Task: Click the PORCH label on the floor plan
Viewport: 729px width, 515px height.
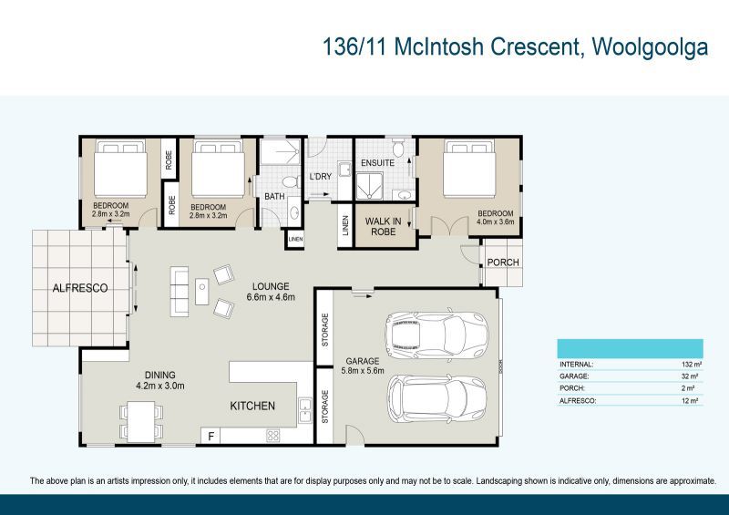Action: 503,263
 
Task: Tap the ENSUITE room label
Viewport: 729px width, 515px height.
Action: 377,163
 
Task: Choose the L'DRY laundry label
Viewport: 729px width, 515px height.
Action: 320,176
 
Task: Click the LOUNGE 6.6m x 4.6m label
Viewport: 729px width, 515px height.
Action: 272,291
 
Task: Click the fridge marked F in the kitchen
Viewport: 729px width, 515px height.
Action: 211,437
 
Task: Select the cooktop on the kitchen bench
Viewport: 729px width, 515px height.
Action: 272,436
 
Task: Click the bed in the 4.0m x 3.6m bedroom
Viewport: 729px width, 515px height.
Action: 471,174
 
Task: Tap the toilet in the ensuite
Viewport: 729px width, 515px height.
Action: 399,148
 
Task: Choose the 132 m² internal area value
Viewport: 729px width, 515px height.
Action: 688,364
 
